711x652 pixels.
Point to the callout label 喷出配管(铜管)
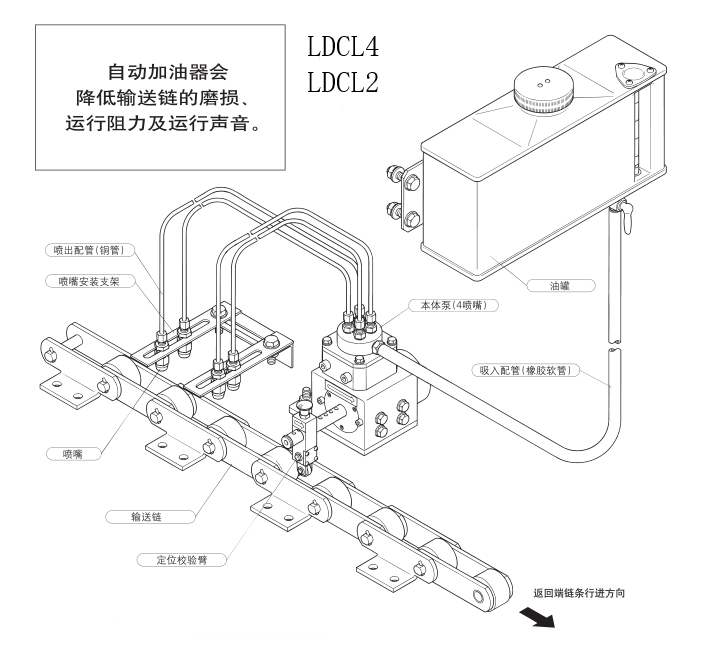(x=92, y=250)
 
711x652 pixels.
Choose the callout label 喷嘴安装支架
(x=92, y=282)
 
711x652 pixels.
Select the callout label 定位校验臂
(x=186, y=561)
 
